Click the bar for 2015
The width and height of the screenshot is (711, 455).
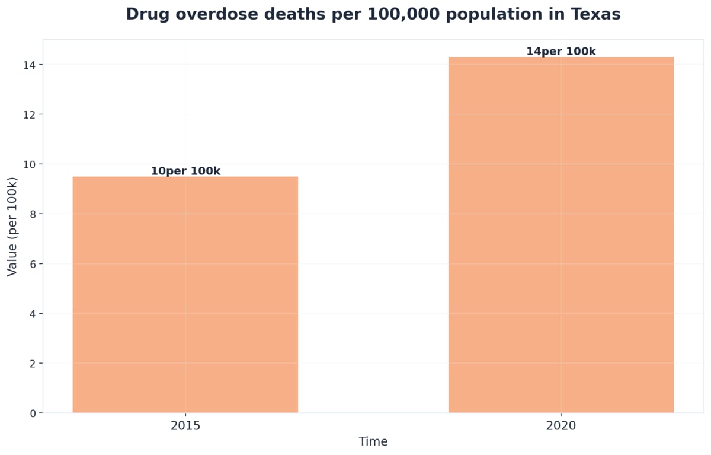185,294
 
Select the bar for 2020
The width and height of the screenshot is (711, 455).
561,234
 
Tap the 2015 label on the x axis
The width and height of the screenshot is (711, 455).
185,426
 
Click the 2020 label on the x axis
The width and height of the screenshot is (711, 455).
561,426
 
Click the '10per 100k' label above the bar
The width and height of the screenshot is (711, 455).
185,171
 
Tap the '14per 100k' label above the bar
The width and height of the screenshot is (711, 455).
561,52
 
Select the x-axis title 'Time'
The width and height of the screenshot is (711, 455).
373,442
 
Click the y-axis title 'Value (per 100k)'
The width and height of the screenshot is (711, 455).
12,226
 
